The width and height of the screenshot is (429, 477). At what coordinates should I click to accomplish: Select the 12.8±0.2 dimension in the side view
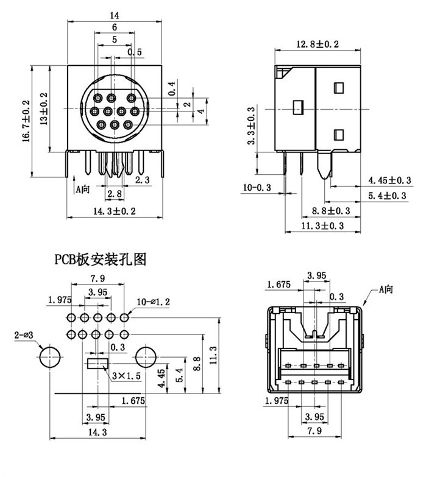click(x=317, y=44)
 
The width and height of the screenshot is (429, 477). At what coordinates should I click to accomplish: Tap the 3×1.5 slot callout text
click(x=126, y=376)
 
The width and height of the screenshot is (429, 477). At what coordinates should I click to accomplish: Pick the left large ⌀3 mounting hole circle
click(x=50, y=356)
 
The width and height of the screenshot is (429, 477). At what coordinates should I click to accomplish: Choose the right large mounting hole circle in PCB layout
click(x=146, y=356)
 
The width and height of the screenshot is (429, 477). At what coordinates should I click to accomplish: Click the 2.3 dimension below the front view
click(x=142, y=180)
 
